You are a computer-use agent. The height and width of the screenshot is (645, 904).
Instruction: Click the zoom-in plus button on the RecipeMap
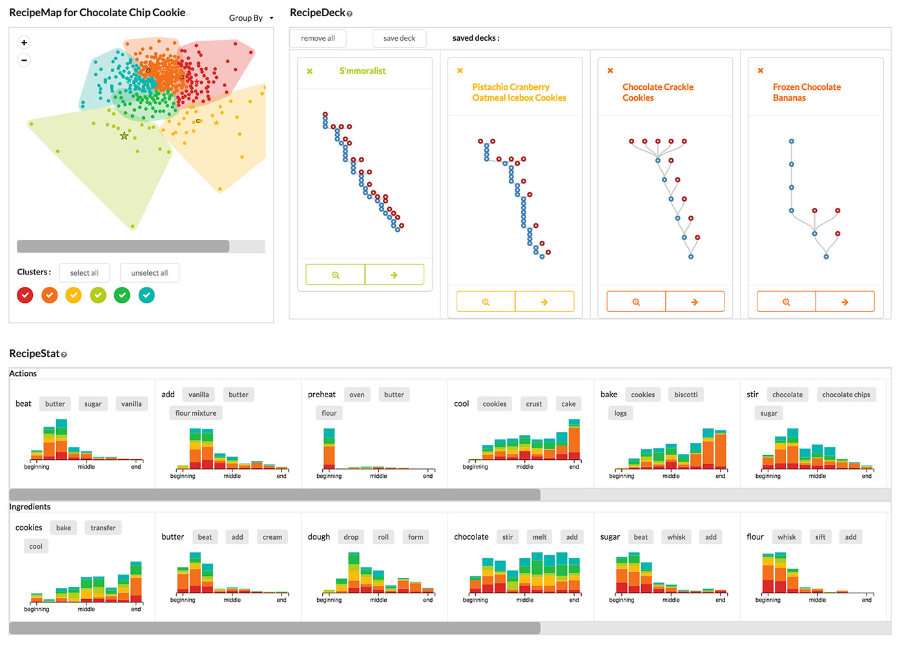coord(24,43)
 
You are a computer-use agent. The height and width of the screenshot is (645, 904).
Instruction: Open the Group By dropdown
coord(251,18)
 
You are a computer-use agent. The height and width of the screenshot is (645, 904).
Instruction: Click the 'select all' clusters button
coord(85,272)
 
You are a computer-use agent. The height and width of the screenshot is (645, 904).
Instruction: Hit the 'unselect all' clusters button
coord(149,272)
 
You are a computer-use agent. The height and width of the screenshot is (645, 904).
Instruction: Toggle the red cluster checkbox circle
coord(25,295)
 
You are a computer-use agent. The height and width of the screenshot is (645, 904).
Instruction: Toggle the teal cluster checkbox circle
coord(147,295)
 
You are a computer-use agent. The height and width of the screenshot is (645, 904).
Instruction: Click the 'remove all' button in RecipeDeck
coord(318,38)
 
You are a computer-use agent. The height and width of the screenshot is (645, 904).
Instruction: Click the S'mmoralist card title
coord(362,71)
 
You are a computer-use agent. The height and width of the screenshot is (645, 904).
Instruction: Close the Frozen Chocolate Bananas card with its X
coord(761,70)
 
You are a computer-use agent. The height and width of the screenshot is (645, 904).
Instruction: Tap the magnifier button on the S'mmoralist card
coord(335,275)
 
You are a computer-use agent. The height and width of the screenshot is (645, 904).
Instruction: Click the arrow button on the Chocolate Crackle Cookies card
coord(695,302)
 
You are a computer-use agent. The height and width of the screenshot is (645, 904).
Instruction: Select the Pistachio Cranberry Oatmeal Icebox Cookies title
coord(519,92)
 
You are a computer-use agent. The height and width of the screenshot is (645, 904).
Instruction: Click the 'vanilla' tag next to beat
coord(131,404)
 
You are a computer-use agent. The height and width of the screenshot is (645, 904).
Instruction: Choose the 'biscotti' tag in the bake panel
coord(686,394)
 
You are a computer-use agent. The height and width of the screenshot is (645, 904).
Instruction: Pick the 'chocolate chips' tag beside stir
coord(846,394)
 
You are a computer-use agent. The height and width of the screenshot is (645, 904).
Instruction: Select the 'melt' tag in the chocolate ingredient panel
coord(539,537)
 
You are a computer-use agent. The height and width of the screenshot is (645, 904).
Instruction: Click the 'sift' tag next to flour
coord(820,537)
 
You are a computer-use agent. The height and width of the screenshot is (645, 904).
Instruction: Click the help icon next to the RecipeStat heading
coord(64,354)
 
